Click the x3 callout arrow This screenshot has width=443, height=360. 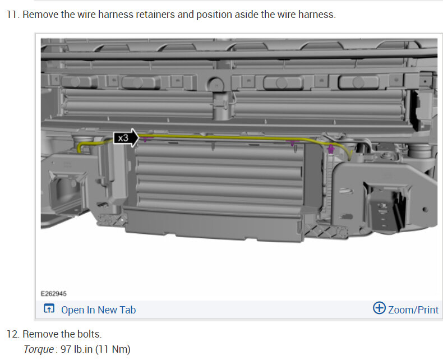pos(126,138)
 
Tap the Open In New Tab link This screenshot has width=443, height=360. pos(98,310)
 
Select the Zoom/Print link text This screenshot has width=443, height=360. pos(413,310)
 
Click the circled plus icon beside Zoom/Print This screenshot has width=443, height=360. pos(379,308)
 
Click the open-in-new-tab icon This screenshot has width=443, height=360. pos(49,308)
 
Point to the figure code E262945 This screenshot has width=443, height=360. pos(54,294)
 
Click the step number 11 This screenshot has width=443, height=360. pos(12,15)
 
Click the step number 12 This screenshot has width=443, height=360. pos(12,334)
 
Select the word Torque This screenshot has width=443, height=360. pos(39,349)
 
